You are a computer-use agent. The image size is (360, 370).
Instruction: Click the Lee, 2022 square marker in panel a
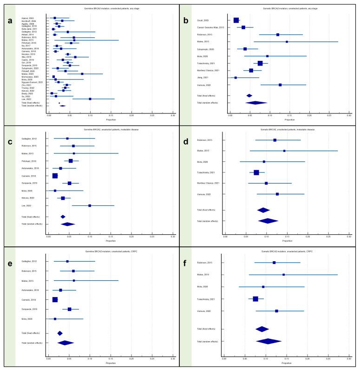click(x=90, y=99)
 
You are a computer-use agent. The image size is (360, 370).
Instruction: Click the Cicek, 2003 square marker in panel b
click(x=236, y=20)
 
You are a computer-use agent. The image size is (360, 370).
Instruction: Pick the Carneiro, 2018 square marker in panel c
click(x=55, y=176)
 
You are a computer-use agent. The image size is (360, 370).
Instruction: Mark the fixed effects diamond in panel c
click(x=63, y=217)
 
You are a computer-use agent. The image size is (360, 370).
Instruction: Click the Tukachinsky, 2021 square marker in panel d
click(x=256, y=172)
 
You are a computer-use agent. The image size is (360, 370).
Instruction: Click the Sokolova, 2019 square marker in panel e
click(x=70, y=309)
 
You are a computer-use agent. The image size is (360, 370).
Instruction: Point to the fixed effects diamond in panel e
click(x=59, y=333)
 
